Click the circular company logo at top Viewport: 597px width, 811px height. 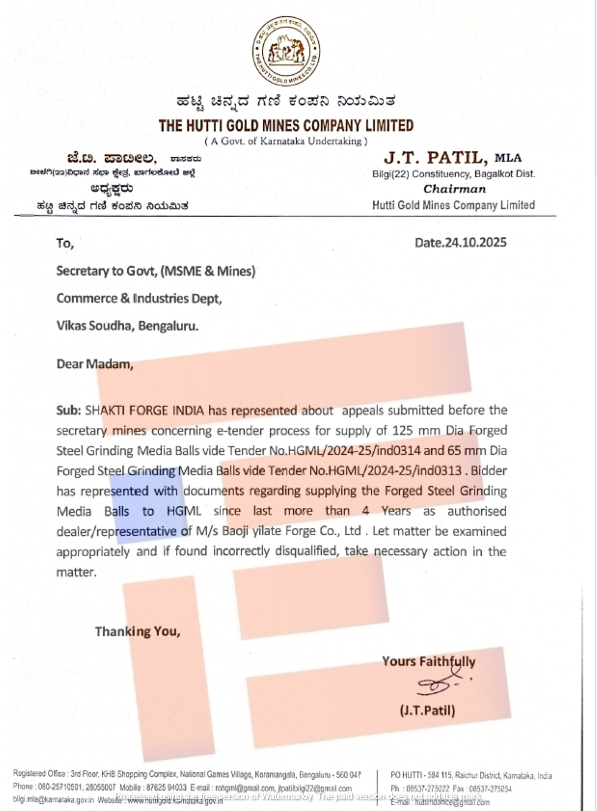[286, 51]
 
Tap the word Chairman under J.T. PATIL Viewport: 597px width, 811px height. [454, 189]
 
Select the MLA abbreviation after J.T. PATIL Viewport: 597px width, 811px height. [507, 158]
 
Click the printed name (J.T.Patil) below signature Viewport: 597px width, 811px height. [427, 710]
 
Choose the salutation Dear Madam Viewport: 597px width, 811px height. [94, 364]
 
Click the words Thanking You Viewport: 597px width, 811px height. [137, 631]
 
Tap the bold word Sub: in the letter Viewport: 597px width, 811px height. [69, 411]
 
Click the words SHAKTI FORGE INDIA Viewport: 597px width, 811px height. [144, 411]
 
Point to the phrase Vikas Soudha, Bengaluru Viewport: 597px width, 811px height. [127, 326]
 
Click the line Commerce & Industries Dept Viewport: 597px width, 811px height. [139, 298]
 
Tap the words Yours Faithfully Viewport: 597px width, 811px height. [429, 661]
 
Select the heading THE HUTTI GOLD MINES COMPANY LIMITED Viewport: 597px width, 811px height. [286, 126]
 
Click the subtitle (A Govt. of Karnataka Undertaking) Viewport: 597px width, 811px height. [286, 141]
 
